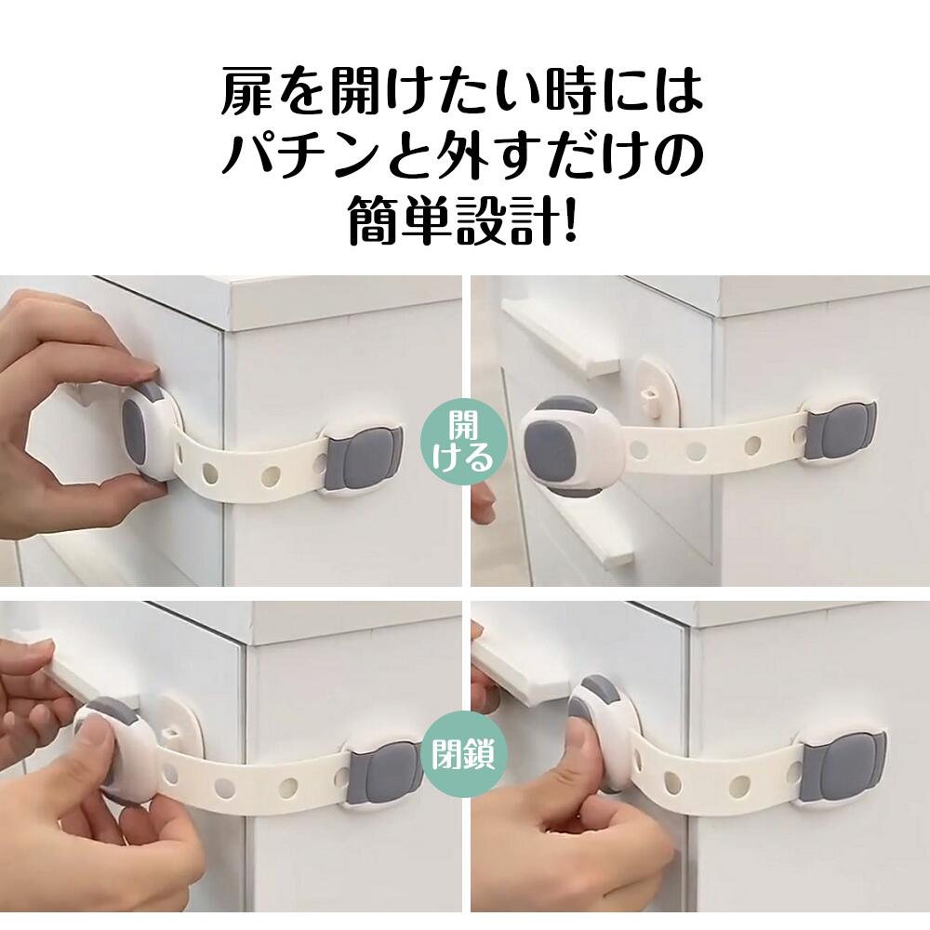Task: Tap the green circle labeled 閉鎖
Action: coord(464,754)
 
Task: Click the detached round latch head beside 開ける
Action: coord(564,440)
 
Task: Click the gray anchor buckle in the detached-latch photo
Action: coord(839,431)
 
